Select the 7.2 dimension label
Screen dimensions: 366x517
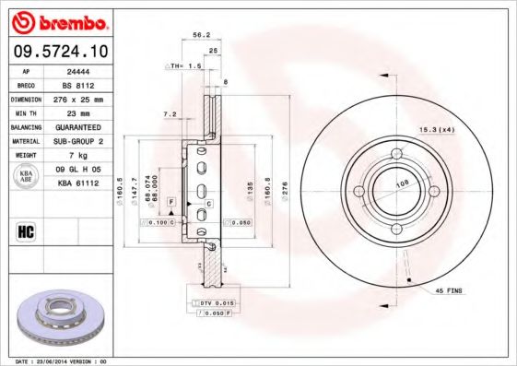pos(170,114)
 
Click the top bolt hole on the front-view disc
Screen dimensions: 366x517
pos(395,154)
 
